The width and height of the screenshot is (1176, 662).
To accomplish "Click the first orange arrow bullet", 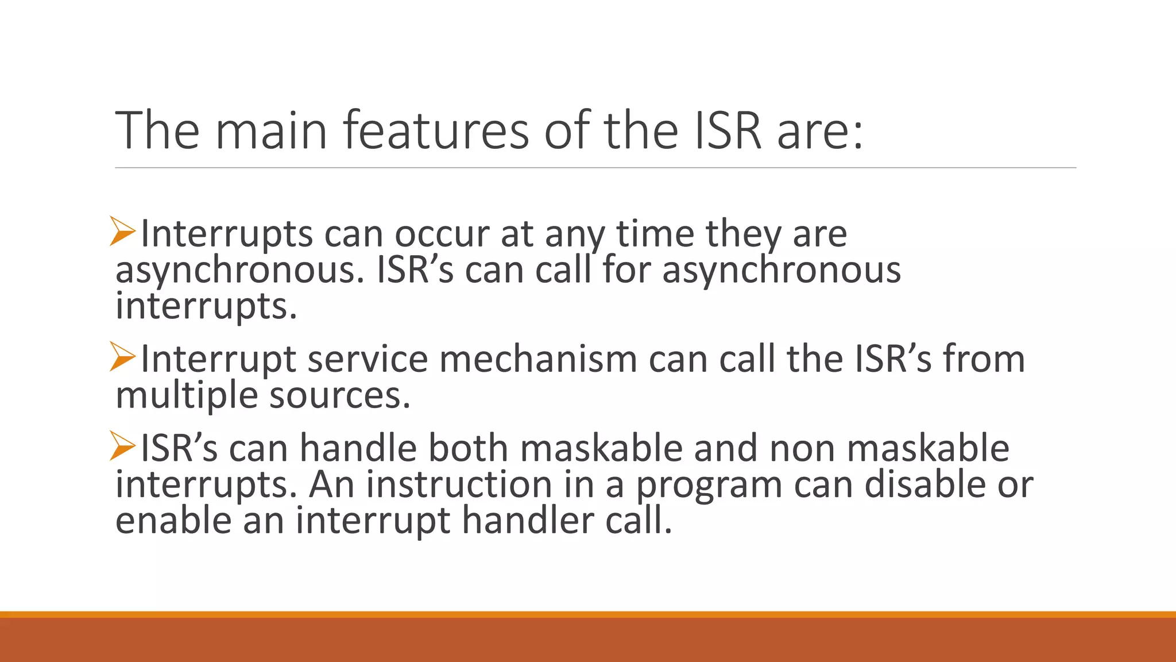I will click(x=122, y=232).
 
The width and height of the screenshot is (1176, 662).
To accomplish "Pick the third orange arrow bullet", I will click(x=122, y=446).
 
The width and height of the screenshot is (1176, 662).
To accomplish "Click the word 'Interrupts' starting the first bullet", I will click(x=227, y=234).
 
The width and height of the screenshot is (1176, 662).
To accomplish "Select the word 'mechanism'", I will click(x=538, y=359).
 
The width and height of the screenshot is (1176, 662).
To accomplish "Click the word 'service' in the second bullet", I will click(x=367, y=359).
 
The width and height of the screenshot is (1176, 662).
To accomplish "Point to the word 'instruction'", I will click(x=459, y=484).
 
